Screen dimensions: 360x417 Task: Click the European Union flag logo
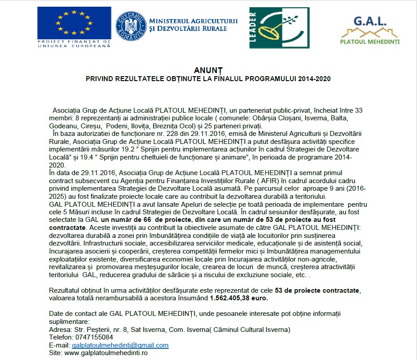pos(74,25)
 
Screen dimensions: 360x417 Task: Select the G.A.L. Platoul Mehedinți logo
pos(370,30)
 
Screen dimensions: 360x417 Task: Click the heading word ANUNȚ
pos(208,70)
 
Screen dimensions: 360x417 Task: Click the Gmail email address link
pos(120,345)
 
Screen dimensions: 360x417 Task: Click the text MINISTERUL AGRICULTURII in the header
pos(193,20)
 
